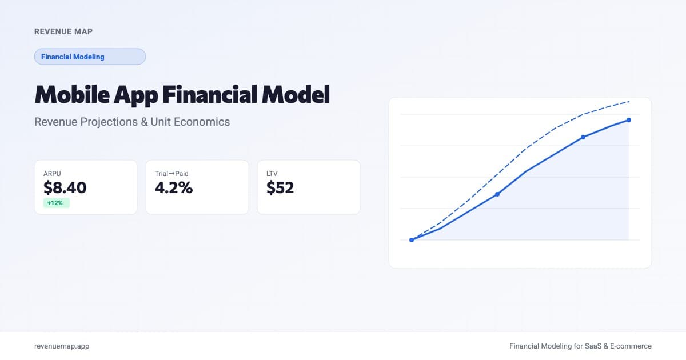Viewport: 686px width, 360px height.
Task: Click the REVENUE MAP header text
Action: [63, 31]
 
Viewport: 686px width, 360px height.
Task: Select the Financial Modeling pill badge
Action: [90, 57]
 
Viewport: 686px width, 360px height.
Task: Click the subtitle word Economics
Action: [203, 122]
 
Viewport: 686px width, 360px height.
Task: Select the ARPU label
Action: [52, 173]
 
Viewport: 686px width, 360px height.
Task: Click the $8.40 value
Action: [65, 187]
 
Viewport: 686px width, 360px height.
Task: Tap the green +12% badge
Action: [56, 203]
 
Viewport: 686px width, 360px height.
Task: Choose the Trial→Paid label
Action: [171, 173]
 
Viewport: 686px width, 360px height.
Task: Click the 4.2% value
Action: [174, 187]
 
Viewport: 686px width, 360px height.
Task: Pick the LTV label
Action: [272, 173]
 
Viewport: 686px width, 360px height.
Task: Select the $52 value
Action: [280, 187]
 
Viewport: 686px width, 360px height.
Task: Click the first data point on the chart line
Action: [412, 240]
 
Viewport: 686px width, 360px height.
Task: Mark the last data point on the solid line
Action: [629, 120]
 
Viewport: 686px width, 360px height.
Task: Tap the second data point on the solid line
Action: [497, 194]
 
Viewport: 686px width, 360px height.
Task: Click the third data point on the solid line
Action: [583, 137]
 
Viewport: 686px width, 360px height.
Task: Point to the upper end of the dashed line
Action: [629, 102]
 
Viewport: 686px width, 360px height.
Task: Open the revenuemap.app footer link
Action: [62, 346]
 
